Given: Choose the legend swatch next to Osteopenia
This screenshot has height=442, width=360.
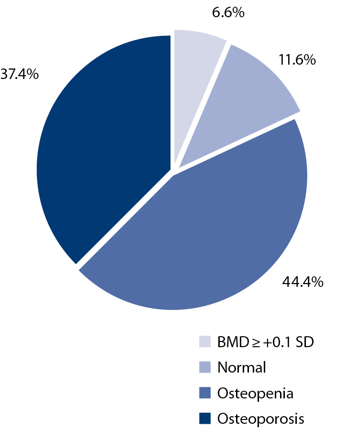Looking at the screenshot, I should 204,394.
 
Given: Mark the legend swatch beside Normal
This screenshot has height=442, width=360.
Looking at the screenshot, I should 204,368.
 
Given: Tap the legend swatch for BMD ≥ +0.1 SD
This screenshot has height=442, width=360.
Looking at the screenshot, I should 204,342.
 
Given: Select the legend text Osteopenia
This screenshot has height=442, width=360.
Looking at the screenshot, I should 255,394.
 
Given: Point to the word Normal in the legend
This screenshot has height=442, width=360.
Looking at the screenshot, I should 241,368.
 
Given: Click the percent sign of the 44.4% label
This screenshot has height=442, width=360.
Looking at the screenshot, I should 317,281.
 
